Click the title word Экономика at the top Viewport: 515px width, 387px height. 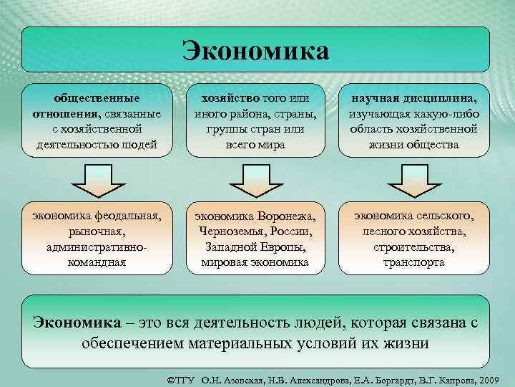point(255,50)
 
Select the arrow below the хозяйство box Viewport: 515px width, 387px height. point(255,180)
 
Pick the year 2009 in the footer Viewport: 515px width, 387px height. point(494,377)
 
